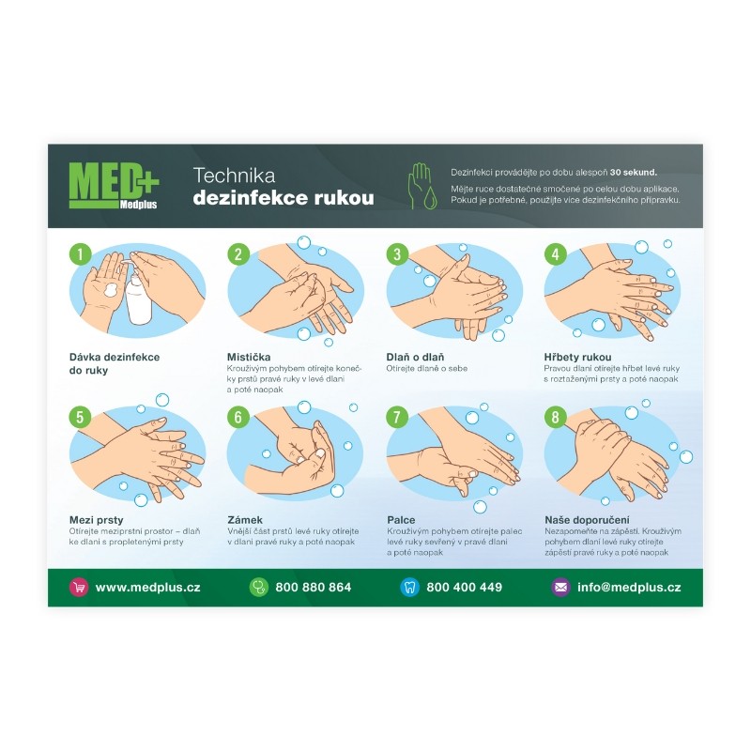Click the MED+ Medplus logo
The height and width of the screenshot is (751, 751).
(x=114, y=186)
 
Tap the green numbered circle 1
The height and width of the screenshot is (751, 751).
(x=80, y=253)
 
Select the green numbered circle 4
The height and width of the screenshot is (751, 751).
(x=555, y=253)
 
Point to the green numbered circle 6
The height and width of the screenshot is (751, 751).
(x=238, y=417)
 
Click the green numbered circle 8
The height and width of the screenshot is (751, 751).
(x=555, y=417)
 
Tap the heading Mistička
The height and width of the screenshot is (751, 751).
(x=249, y=357)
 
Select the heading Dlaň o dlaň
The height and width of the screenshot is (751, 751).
(x=415, y=357)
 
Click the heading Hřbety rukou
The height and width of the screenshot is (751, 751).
(x=577, y=357)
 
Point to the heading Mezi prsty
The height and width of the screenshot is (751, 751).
(x=97, y=520)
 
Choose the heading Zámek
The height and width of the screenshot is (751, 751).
(x=245, y=520)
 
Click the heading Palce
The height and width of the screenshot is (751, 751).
(x=401, y=520)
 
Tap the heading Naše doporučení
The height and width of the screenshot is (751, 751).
(x=588, y=520)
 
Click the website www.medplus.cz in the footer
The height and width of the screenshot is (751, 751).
(x=148, y=588)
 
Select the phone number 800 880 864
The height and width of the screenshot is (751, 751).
(x=314, y=588)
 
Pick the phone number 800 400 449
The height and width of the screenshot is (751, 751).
(x=464, y=588)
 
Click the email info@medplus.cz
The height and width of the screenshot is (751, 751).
(x=629, y=588)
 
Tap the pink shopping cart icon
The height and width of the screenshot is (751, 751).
(x=79, y=588)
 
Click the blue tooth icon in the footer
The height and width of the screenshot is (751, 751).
(x=409, y=588)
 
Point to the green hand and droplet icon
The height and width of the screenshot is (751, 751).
(x=421, y=186)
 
